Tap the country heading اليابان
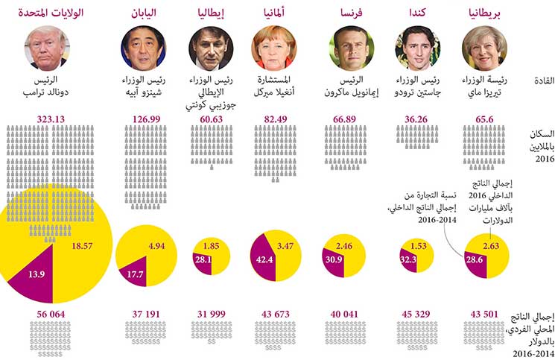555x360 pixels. [x=143, y=13]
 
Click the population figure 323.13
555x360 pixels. [x=52, y=119]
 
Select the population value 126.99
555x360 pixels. [x=143, y=119]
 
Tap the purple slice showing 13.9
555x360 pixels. [x=36, y=275]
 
